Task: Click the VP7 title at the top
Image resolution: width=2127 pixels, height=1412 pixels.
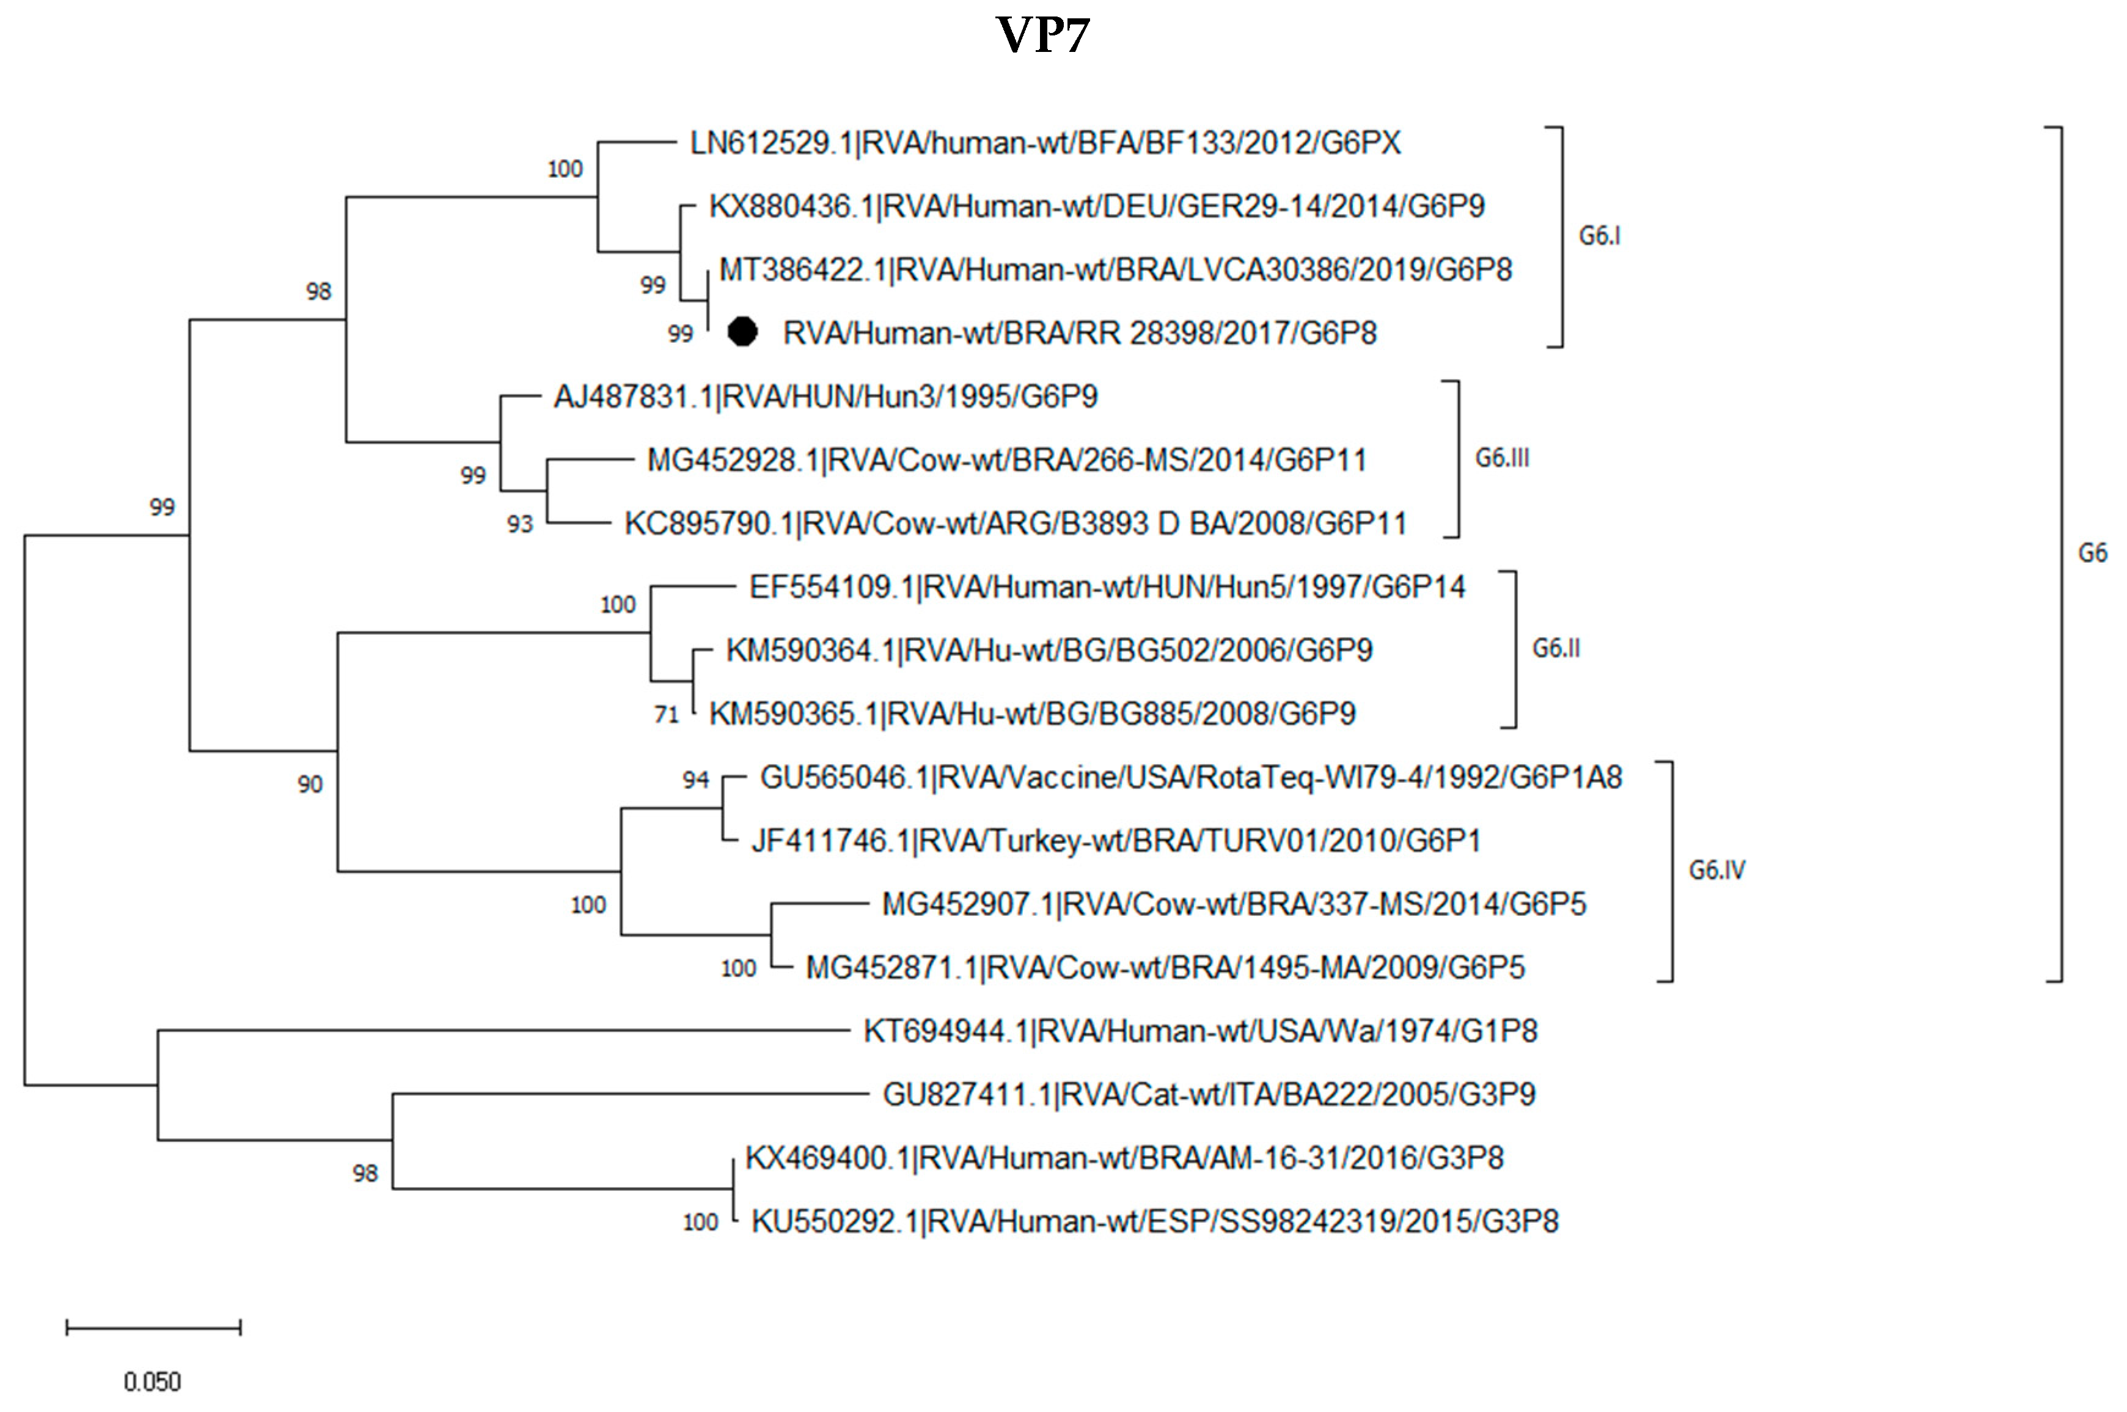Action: (1043, 36)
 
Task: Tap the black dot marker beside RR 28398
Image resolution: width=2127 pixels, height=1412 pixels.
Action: (742, 332)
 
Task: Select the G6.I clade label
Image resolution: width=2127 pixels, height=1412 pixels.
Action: (1599, 236)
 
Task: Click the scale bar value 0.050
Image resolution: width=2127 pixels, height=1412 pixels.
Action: (152, 1381)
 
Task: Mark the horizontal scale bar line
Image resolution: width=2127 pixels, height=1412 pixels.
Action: (153, 1327)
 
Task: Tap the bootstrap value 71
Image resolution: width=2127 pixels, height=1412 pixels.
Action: (667, 715)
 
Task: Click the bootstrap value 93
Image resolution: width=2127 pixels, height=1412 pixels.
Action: (519, 524)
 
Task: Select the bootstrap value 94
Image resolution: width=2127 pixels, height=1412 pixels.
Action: (695, 780)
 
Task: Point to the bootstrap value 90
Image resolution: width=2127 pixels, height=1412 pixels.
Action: (310, 785)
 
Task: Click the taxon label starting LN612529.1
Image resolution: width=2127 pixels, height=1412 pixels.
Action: (1045, 143)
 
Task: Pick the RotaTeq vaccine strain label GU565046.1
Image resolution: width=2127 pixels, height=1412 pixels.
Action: (1190, 777)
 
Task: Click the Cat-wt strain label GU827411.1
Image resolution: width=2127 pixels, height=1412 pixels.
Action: (1209, 1094)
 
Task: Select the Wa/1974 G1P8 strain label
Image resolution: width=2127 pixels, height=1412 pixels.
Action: (1199, 1031)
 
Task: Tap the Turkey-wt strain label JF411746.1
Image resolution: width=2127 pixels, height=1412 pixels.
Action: (1116, 841)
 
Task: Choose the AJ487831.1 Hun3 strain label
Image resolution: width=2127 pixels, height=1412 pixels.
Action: (825, 397)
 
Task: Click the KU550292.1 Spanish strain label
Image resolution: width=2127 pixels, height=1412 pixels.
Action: (1154, 1221)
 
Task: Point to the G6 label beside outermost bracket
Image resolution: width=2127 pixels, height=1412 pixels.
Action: (2092, 553)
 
